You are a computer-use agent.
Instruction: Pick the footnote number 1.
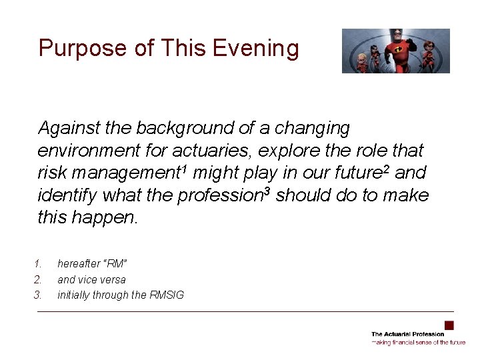pos(38,264)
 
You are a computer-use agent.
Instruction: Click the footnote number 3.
pos(38,295)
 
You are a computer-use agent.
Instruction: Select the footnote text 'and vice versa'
pos(91,279)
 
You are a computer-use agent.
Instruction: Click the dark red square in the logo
pos(449,325)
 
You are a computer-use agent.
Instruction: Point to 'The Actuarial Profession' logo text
pos(407,334)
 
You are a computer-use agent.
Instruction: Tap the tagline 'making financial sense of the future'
pos(419,342)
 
